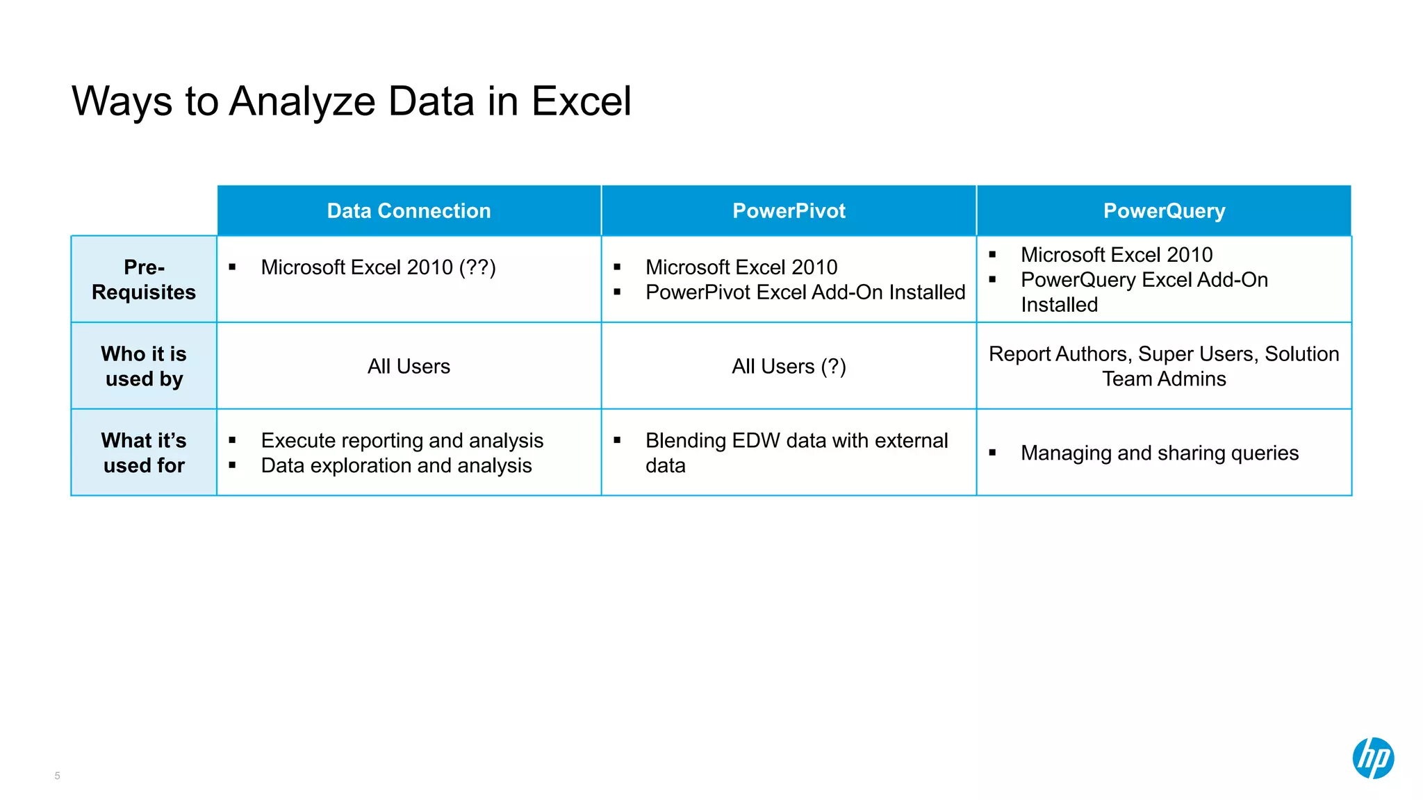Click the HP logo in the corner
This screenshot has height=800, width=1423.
coord(1372,758)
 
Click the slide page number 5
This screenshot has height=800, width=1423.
coord(57,776)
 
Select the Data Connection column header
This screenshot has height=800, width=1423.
coord(409,211)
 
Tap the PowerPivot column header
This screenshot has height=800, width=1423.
coord(789,211)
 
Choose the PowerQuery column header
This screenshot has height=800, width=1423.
coord(1164,211)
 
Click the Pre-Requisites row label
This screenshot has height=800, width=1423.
coord(144,279)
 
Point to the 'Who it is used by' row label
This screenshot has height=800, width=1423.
coord(144,366)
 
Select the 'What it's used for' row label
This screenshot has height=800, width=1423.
coord(144,453)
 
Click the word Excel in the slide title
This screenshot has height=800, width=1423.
coord(581,101)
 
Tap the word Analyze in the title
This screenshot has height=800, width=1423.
coord(302,101)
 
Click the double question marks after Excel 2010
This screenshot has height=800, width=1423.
coord(477,267)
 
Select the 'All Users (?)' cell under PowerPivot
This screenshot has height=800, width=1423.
coord(789,366)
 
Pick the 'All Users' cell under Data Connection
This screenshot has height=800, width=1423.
coord(409,366)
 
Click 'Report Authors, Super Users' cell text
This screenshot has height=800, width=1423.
coord(1164,354)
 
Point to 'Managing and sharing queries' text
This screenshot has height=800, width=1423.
coord(1159,453)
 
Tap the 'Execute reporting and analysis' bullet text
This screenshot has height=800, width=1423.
coord(402,441)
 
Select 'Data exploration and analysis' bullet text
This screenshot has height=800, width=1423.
coord(396,466)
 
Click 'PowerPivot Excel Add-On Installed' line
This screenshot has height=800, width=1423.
coord(805,292)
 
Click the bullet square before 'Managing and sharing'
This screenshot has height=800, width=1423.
coord(992,453)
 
